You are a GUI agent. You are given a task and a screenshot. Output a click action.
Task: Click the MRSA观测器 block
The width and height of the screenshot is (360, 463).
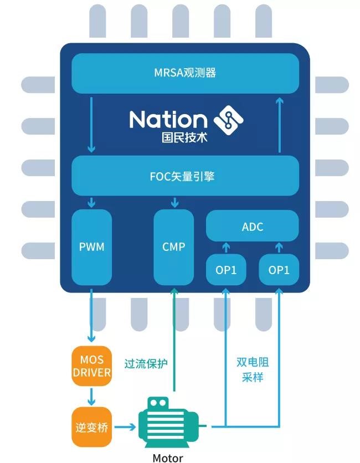pyautogui.click(x=184, y=73)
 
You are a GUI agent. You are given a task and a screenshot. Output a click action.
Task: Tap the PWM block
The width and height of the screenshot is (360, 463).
pyautogui.click(x=92, y=246)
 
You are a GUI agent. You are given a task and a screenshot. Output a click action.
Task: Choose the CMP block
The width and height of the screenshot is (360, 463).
pyautogui.click(x=174, y=246)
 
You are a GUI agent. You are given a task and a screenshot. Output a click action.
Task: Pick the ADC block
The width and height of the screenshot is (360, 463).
pyautogui.click(x=253, y=227)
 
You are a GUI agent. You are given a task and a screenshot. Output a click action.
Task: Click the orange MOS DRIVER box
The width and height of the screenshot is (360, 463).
pyautogui.click(x=92, y=365)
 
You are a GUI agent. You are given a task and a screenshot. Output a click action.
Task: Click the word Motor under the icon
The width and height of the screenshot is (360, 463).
pyautogui.click(x=167, y=457)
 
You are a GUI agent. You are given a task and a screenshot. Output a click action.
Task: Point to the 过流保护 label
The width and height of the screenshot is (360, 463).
pyautogui.click(x=146, y=364)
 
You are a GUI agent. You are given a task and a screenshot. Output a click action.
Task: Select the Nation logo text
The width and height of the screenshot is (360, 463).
pyautogui.click(x=168, y=119)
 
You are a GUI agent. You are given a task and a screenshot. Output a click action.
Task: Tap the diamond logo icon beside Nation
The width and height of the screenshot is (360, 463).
pyautogui.click(x=228, y=117)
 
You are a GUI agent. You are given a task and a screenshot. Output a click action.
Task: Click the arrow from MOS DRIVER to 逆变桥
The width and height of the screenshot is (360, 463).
pyautogui.click(x=92, y=395)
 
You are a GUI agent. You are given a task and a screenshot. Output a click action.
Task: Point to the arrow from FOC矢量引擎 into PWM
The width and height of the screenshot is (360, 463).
pyautogui.click(x=92, y=203)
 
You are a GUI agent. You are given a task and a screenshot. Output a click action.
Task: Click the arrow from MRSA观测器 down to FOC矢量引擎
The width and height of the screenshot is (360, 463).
pyautogui.click(x=91, y=125)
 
